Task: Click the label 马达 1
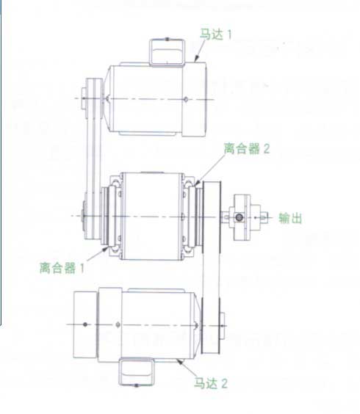[x=216, y=34]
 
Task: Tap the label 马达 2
[x=211, y=383]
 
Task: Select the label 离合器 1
[x=62, y=268]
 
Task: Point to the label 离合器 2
[x=247, y=148]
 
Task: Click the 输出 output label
[x=290, y=218]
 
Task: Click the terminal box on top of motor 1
[x=168, y=52]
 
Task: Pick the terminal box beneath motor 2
[x=137, y=371]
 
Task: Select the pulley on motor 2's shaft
[x=211, y=326]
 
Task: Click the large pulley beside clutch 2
[x=212, y=217]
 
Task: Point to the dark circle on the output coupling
[x=240, y=217]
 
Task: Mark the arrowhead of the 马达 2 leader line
[x=180, y=362]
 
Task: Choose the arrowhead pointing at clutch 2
[x=197, y=183]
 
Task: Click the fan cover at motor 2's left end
[x=85, y=324]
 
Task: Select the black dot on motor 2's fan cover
[x=84, y=324]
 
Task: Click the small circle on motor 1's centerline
[x=186, y=99]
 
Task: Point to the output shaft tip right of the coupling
[x=264, y=217]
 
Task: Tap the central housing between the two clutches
[x=152, y=217]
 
